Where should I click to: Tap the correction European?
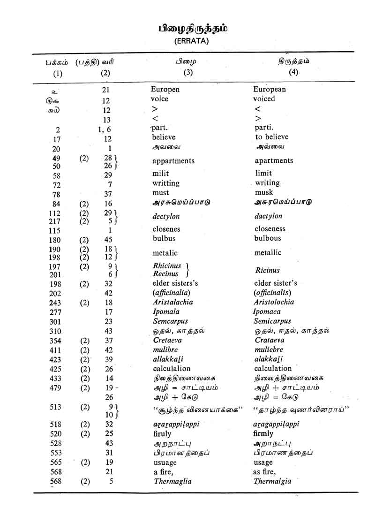[x=270, y=89]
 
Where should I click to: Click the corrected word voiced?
[x=264, y=99]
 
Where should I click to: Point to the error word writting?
[x=166, y=183]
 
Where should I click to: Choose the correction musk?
[x=264, y=193]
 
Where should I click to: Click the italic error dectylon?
[x=166, y=217]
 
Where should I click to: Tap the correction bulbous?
[x=268, y=238]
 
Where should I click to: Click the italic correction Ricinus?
[x=268, y=270]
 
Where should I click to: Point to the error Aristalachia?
[x=173, y=302]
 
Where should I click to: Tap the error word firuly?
[x=162, y=434]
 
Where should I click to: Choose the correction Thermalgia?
[x=272, y=481]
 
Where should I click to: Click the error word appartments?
[x=173, y=161]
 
